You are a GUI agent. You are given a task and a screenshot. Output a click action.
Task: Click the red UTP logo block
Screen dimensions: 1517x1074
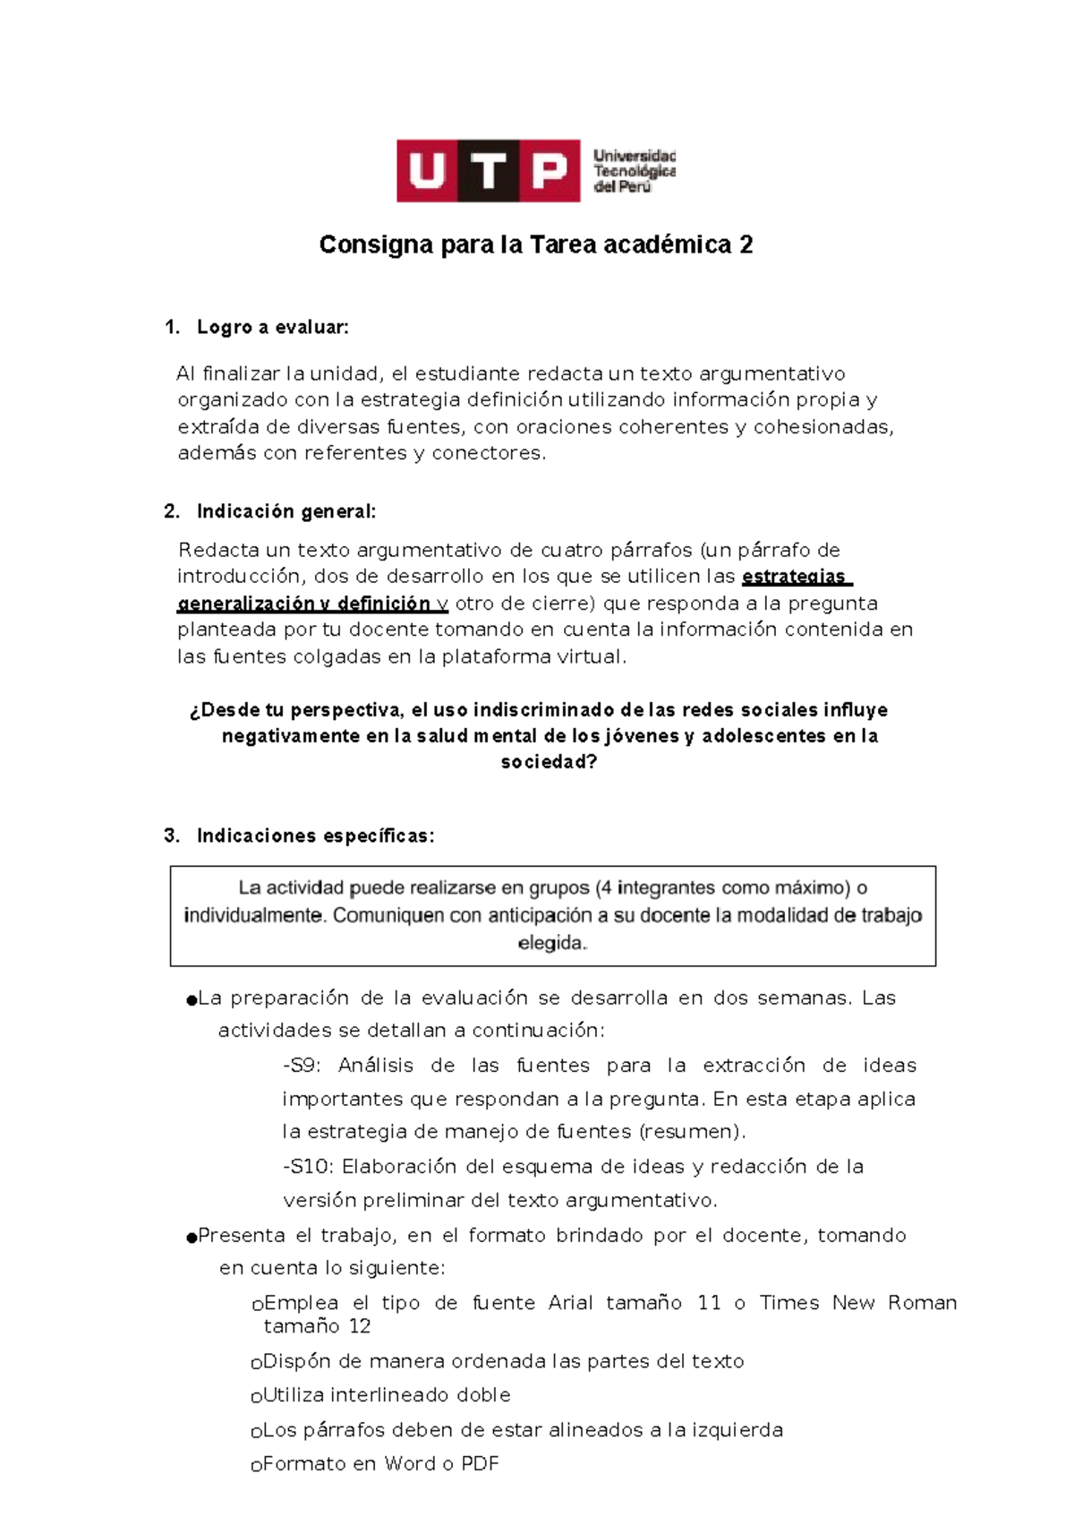pyautogui.click(x=489, y=170)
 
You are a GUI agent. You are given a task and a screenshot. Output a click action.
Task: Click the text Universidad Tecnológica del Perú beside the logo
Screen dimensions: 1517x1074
pyautogui.click(x=634, y=171)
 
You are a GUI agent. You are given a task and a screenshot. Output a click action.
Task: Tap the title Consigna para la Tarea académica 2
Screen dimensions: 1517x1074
pyautogui.click(x=535, y=244)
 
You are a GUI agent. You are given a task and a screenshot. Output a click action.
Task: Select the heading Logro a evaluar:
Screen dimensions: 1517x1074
pyautogui.click(x=272, y=328)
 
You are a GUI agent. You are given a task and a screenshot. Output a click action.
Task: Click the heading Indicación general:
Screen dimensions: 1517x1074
pyautogui.click(x=286, y=511)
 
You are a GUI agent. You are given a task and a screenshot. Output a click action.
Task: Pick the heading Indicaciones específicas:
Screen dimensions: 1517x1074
pyautogui.click(x=315, y=836)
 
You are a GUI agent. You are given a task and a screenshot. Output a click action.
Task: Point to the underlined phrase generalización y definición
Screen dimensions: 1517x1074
pyautogui.click(x=304, y=604)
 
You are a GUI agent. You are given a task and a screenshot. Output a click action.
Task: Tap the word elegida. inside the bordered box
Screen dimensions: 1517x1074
pyautogui.click(x=552, y=943)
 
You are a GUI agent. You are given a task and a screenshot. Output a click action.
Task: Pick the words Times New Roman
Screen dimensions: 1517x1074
pyautogui.click(x=857, y=1303)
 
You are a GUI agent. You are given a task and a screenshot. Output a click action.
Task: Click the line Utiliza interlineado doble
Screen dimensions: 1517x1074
pyautogui.click(x=386, y=1395)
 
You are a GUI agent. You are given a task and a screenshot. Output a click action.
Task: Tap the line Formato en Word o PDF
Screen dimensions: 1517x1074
pyautogui.click(x=380, y=1464)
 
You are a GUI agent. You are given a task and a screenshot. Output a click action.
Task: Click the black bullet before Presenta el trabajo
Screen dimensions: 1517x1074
pyautogui.click(x=191, y=1238)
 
